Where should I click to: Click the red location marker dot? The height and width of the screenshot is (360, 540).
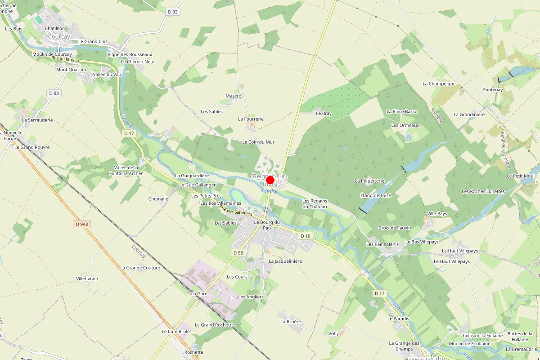coord(270,180)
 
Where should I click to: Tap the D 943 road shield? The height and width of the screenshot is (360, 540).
coord(81,224)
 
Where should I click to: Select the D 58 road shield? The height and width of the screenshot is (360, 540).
coord(238,253)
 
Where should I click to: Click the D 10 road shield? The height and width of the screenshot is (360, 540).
coord(306,236)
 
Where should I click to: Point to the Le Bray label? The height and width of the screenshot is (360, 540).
coord(324,113)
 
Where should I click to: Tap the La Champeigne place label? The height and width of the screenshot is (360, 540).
coord(439,84)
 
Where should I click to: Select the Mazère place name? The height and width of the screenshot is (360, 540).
coord(234,96)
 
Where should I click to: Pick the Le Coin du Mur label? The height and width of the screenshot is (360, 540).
coord(258,142)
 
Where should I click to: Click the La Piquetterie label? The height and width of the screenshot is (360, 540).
coord(369,181)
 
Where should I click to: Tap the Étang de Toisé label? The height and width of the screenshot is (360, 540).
coord(376,195)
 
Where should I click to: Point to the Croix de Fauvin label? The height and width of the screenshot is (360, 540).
coord(395,228)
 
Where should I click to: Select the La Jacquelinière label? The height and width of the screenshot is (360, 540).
coord(285,261)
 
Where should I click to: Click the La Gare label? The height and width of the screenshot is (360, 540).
coord(199,293)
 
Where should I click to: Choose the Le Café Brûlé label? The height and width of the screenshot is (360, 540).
coord(176,331)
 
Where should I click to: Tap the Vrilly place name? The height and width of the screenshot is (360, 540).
coord(333,333)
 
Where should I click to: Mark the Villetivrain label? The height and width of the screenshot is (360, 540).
coord(87,279)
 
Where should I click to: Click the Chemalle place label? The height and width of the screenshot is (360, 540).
coord(158,198)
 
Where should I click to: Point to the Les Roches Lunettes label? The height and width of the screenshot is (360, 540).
coord(483,191)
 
